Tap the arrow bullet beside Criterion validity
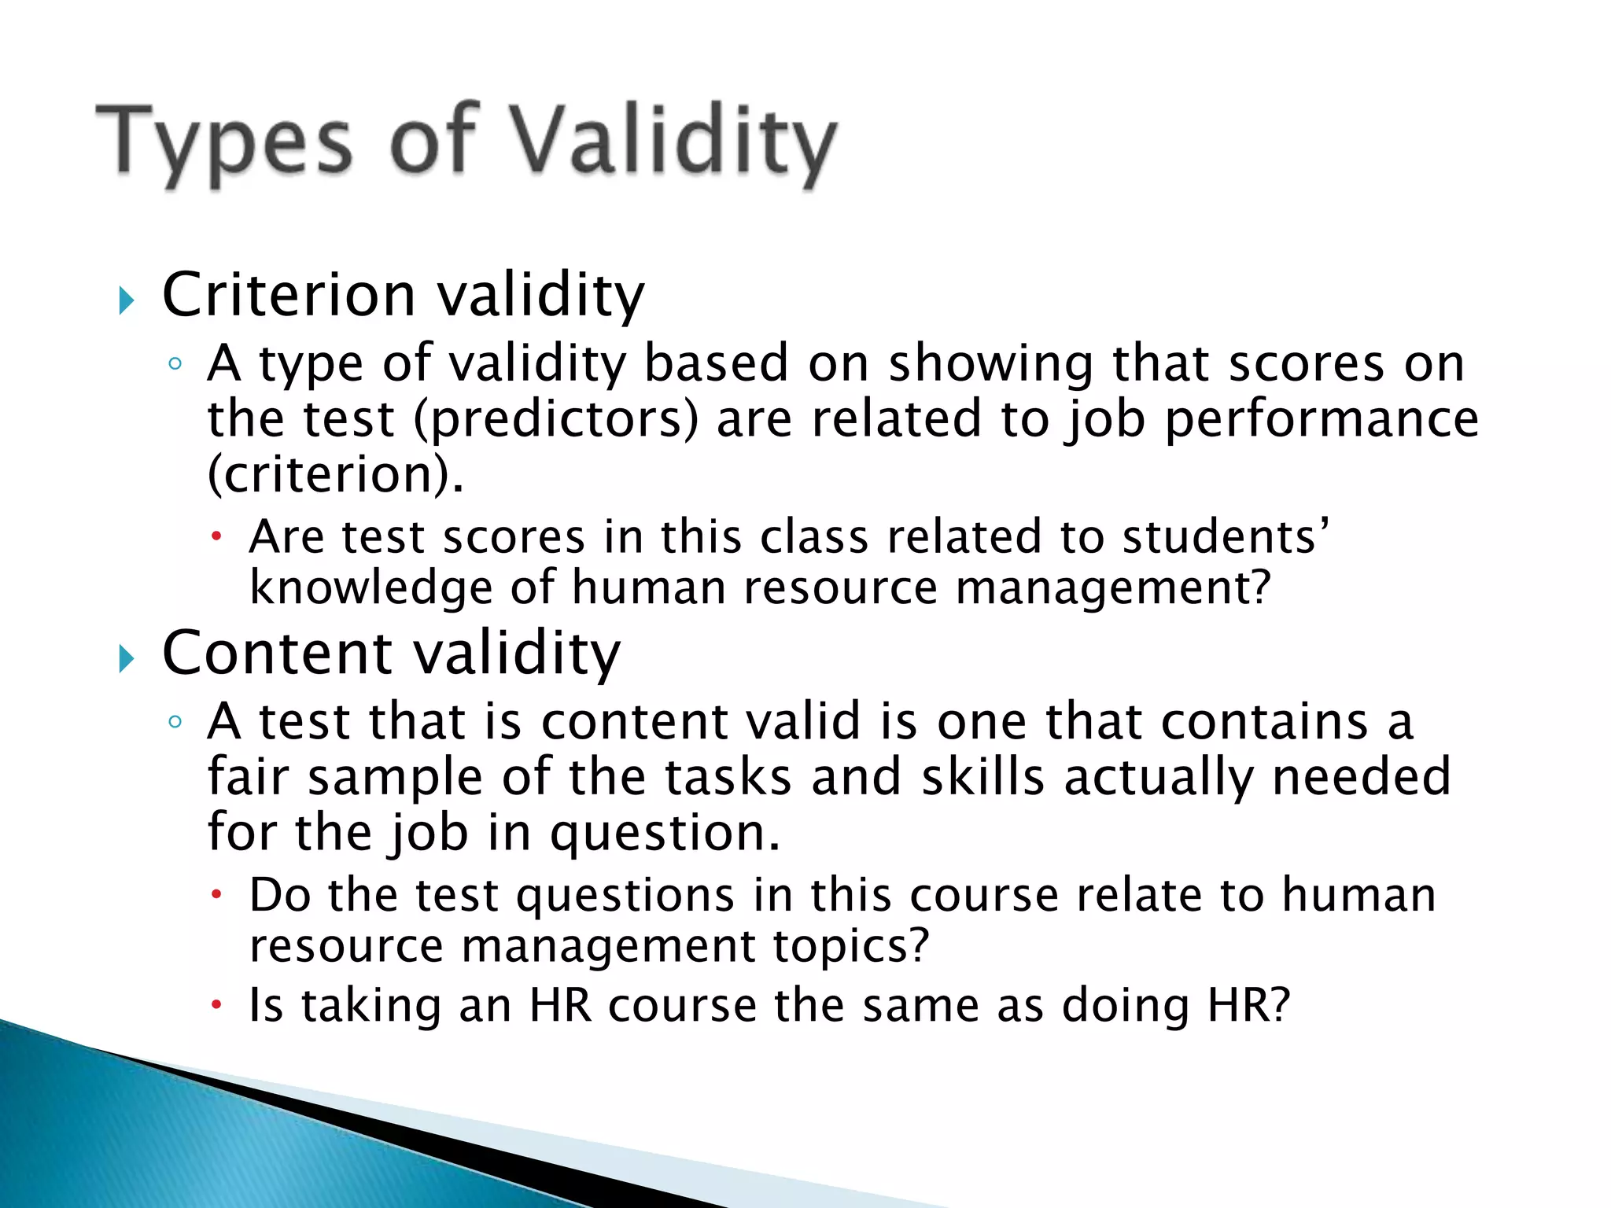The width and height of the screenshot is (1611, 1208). click(127, 300)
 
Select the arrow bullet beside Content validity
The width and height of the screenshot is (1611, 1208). click(127, 658)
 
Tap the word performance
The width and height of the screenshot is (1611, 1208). click(1322, 419)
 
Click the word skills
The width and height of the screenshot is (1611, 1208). click(982, 777)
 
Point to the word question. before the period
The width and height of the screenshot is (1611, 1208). click(665, 833)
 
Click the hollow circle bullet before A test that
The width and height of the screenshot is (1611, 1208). click(175, 721)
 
